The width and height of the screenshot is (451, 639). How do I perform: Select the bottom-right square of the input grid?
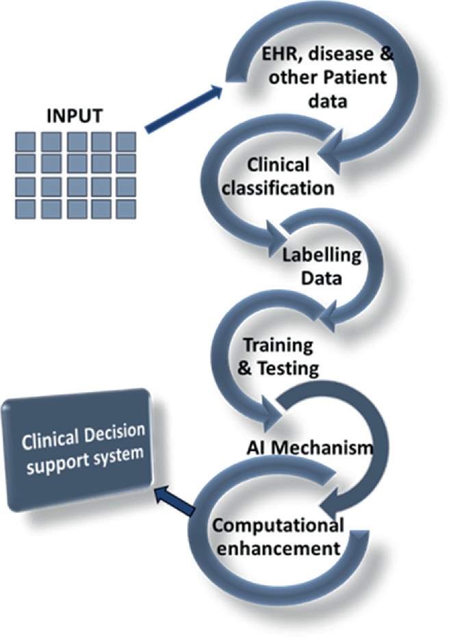(127, 207)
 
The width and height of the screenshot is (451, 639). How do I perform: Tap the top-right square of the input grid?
(127, 142)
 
